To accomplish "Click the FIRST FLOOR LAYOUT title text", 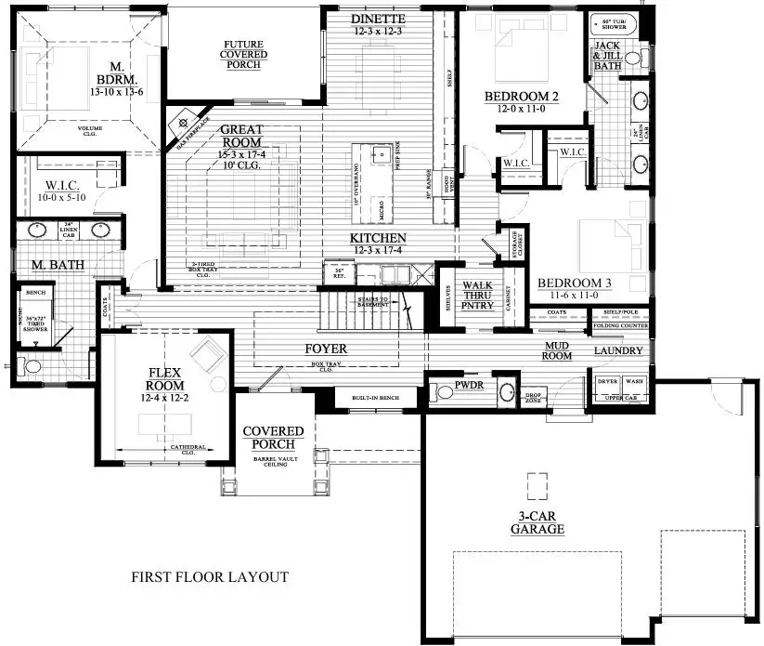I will (209, 577).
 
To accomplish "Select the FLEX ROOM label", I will (166, 378).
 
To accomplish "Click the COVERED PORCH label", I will (273, 438).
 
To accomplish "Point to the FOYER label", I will (326, 349).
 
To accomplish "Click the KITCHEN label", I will (379, 239).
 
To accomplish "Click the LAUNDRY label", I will (618, 350).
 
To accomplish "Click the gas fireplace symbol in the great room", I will (183, 122).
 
